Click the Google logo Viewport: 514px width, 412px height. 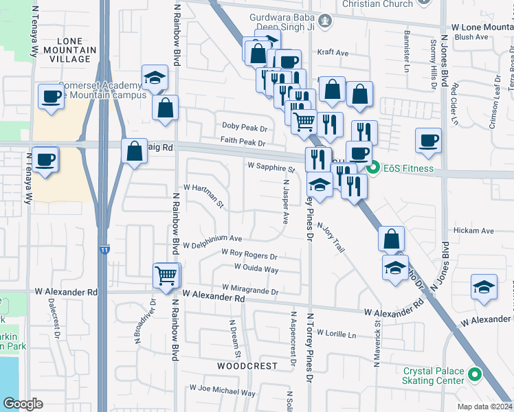(23, 404)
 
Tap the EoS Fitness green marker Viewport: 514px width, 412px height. (374, 168)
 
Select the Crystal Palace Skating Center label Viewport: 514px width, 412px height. (434, 376)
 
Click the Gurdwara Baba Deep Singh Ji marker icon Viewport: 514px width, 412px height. (326, 21)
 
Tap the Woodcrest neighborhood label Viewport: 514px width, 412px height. (247, 366)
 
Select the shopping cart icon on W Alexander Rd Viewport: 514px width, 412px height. (166, 276)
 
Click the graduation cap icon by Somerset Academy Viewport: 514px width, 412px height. (155, 78)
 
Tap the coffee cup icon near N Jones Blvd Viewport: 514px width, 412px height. (429, 141)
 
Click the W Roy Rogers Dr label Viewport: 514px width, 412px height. (249, 255)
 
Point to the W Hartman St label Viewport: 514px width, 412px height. (204, 196)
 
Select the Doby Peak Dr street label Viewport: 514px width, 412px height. (244, 128)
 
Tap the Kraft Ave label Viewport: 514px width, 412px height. (333, 52)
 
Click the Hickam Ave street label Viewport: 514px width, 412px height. (474, 231)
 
